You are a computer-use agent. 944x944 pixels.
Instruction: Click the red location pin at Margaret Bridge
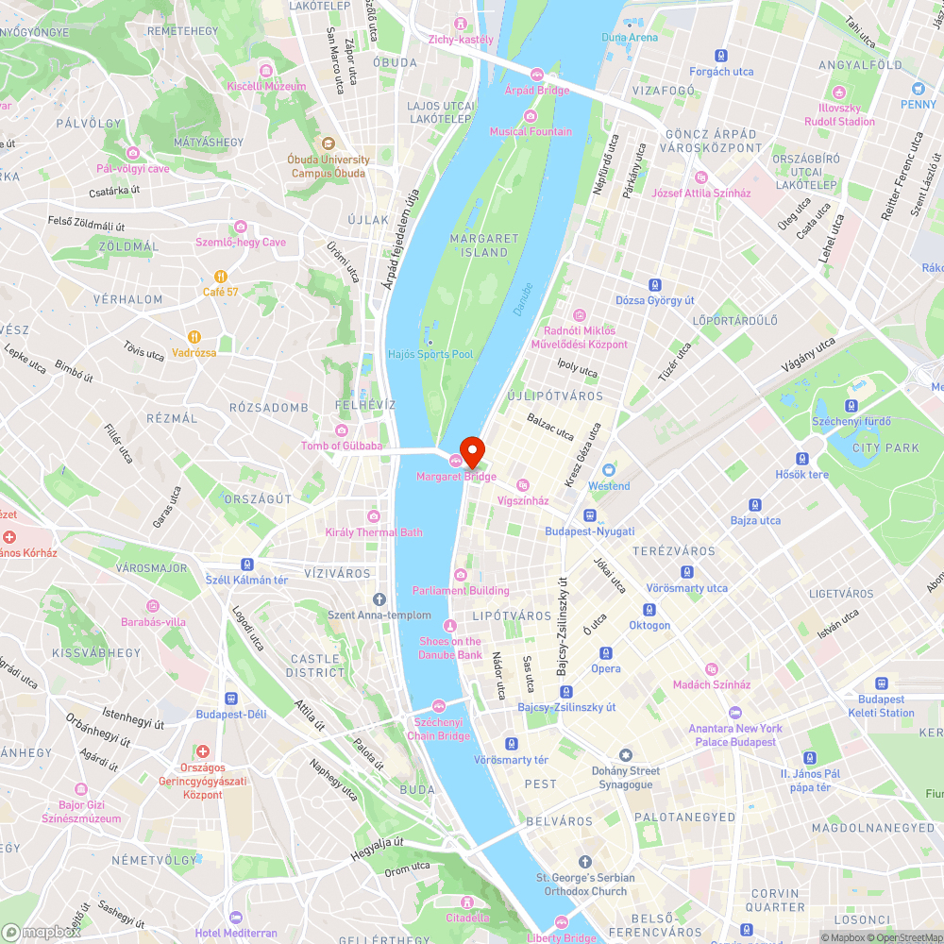tap(472, 451)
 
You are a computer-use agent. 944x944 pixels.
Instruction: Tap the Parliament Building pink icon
tap(461, 575)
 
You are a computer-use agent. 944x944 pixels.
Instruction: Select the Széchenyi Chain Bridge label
tap(438, 730)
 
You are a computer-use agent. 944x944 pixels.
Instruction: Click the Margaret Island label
tap(485, 245)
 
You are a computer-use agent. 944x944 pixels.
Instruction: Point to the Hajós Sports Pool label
tap(430, 354)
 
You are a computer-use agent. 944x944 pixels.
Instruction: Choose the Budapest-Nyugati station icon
tap(590, 516)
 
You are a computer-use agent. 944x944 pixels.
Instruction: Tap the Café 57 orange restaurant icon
tap(220, 277)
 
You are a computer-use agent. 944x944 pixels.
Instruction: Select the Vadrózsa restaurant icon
tap(194, 337)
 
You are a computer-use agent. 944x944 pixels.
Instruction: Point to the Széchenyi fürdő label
tap(846, 419)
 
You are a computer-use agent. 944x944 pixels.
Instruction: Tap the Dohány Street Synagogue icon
tap(625, 755)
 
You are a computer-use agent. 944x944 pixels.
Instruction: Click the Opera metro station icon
tap(605, 653)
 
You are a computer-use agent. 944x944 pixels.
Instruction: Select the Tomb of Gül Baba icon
tap(342, 430)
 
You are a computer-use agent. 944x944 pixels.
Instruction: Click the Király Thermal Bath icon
tap(374, 516)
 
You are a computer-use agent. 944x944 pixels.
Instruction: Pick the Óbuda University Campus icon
tap(329, 143)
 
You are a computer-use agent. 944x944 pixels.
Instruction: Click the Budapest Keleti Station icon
tap(882, 683)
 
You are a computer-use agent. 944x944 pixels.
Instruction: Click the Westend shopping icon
tap(609, 470)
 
